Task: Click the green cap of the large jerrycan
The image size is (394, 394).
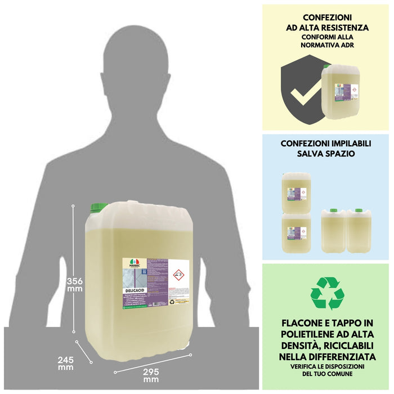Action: point(99,208)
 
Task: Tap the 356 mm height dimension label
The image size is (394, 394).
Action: point(74,285)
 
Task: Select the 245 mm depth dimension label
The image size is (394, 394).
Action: point(65,362)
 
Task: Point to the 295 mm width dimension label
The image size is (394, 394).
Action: point(150,375)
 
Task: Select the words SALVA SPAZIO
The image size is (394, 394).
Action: point(326,153)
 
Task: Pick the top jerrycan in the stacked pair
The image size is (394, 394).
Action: point(296,191)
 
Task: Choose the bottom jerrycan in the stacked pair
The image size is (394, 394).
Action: point(296,232)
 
